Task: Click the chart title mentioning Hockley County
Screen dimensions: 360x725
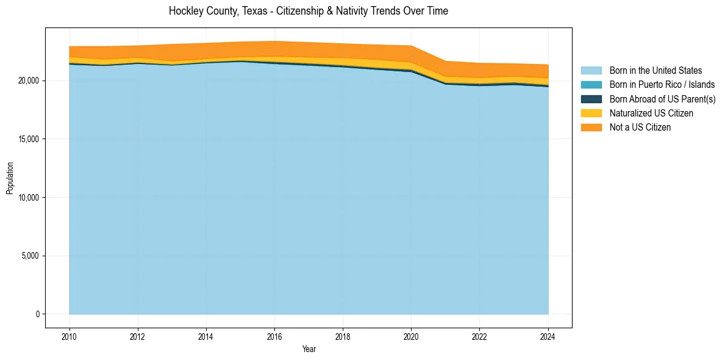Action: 308,11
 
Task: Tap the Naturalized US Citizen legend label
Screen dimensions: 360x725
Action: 651,113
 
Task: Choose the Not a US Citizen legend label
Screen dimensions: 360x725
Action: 640,127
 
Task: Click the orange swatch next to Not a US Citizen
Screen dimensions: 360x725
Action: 591,127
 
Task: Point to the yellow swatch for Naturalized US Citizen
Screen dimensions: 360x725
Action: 591,113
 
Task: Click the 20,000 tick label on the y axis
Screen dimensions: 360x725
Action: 29,81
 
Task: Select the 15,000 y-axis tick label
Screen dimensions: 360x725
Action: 29,139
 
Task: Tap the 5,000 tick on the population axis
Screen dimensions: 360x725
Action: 31,256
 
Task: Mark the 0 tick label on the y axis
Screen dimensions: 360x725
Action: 37,314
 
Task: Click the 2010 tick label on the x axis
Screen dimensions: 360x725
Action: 70,336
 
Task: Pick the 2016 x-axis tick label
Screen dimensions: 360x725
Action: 274,336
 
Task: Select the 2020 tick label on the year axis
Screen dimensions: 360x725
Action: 412,336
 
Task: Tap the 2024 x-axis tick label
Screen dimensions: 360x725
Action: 548,336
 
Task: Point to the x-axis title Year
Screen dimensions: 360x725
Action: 309,349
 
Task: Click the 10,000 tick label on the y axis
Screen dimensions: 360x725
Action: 29,198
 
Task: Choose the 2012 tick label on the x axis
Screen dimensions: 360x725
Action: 138,336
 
